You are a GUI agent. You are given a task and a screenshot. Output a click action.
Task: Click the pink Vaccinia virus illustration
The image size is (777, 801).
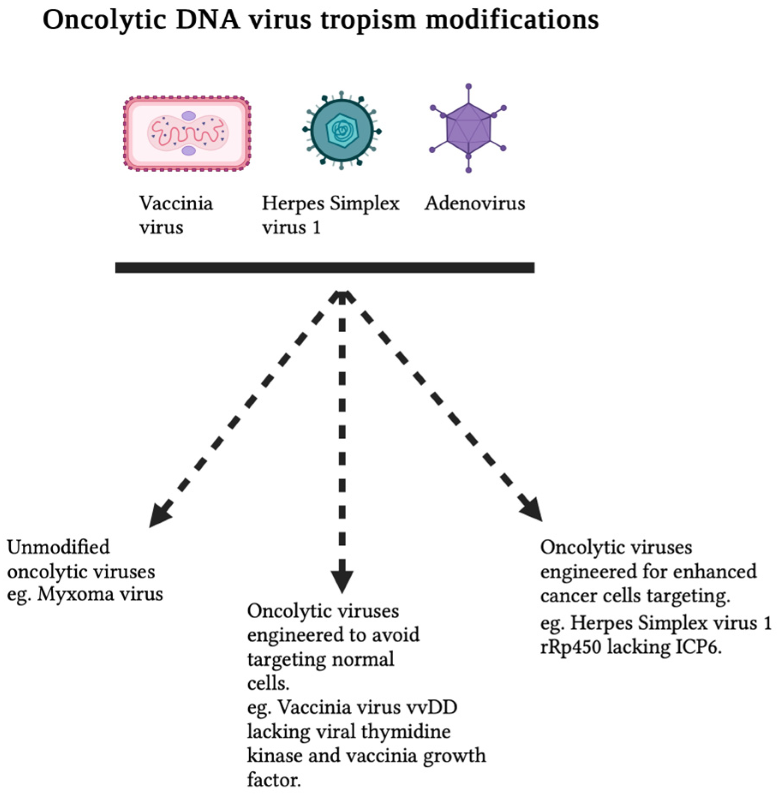click(187, 134)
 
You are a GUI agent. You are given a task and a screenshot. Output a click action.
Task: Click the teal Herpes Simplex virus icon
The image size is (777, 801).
click(342, 130)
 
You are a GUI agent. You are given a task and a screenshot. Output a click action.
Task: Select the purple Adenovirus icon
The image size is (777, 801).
click(468, 128)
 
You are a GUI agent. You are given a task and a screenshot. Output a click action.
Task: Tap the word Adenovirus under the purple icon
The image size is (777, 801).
click(475, 203)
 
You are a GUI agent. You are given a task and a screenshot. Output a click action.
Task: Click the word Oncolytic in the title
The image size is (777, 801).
click(105, 20)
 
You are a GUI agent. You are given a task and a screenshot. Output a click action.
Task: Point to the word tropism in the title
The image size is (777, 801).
click(368, 20)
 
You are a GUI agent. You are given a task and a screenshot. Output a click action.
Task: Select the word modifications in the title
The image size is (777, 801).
click(512, 20)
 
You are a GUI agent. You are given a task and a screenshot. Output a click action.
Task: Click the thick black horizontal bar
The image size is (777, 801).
click(325, 268)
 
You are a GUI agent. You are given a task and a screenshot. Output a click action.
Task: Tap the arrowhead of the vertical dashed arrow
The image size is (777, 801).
click(342, 581)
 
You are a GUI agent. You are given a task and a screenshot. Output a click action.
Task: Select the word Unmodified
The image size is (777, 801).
click(59, 547)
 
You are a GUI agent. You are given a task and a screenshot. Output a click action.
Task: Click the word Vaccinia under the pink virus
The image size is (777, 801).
click(176, 203)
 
